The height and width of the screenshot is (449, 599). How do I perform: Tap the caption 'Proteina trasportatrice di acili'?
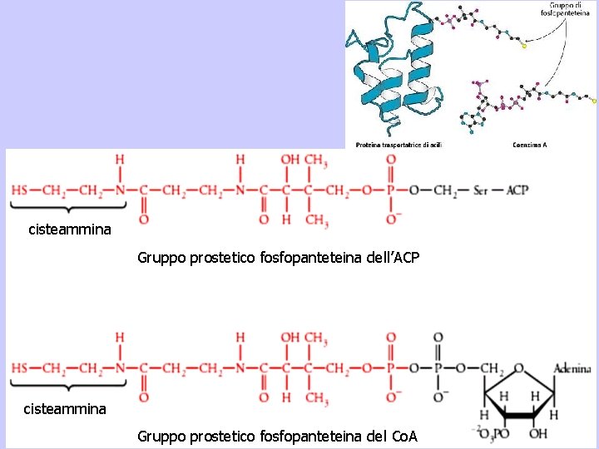click(x=399, y=145)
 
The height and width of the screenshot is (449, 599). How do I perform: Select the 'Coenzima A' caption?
click(x=530, y=145)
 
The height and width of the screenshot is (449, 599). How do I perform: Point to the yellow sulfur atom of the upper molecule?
click(x=524, y=46)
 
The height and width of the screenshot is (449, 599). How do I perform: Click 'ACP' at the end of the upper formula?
click(x=517, y=190)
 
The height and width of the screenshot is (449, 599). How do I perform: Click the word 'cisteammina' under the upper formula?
click(x=69, y=229)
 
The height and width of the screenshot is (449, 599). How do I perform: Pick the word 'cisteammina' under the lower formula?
click(x=64, y=408)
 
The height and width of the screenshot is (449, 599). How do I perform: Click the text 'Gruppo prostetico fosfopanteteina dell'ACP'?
click(x=279, y=259)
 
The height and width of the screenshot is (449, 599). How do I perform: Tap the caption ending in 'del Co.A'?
click(x=277, y=437)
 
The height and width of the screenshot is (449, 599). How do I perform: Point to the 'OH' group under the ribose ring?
click(x=539, y=434)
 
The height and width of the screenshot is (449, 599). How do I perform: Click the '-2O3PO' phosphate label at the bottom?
click(x=488, y=434)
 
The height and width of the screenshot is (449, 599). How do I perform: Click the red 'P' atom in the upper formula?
click(x=390, y=190)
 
